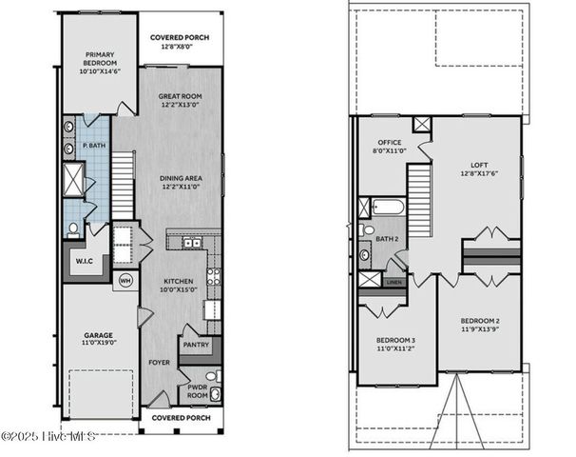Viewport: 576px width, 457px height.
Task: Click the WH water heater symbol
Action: (x=124, y=281)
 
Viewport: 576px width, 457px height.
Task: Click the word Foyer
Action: (x=159, y=363)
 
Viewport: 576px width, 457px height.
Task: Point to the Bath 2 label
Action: (x=387, y=240)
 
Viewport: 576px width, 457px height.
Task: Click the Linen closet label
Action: (x=394, y=282)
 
